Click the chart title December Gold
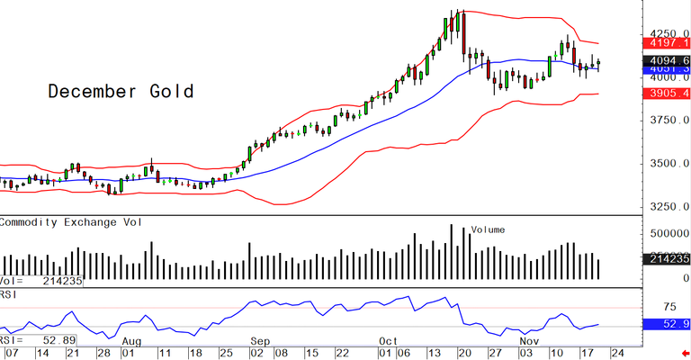coord(121,92)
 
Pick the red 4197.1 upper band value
coord(667,43)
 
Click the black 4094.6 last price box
coord(667,60)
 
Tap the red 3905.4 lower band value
coord(667,94)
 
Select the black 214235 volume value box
coord(667,259)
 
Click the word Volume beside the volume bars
coord(488,229)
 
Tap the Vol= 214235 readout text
coord(42,281)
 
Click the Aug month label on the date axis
coord(131,342)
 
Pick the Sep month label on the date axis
coord(260,342)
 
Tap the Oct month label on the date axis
coord(389,342)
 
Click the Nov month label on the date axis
coord(531,342)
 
